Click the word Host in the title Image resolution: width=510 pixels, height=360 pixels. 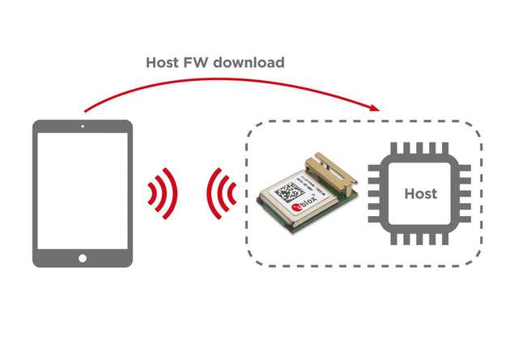pos(162,62)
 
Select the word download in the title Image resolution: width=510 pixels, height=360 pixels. pos(251,62)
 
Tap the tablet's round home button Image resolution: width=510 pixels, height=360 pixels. pos(82,258)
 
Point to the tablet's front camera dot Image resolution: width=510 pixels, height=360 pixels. pos(82,127)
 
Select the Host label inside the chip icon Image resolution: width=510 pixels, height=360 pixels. pos(420,194)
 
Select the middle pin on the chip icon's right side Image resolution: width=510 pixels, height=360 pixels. pos(466,194)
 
